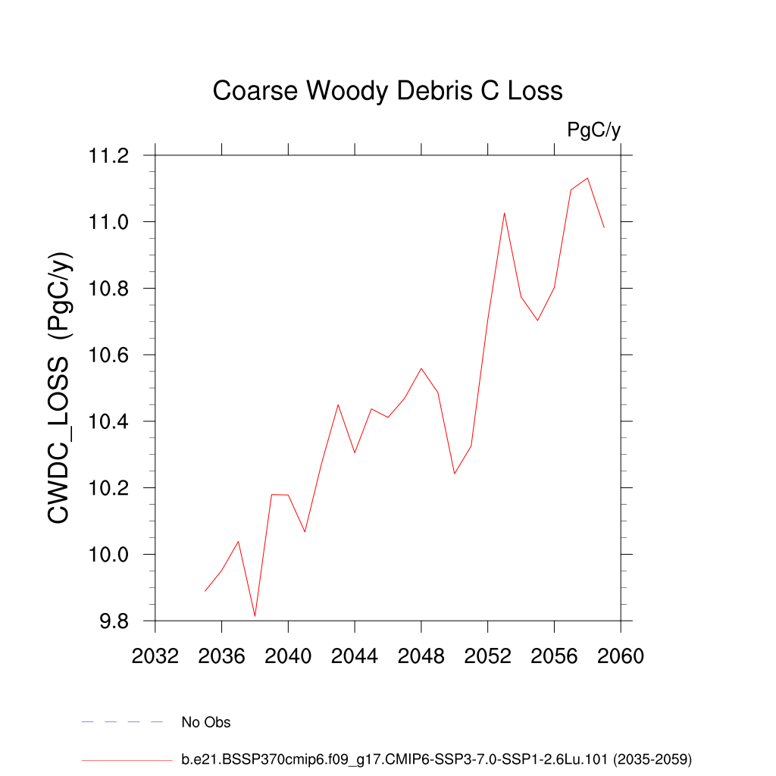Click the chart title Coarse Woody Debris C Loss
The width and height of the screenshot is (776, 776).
(x=387, y=91)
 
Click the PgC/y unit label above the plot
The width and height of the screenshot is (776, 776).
(x=593, y=130)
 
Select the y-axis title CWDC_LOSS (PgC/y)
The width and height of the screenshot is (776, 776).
(x=60, y=387)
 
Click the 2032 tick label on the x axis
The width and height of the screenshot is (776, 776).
(x=155, y=656)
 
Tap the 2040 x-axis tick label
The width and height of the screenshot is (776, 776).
(x=288, y=656)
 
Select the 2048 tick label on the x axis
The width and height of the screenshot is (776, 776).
(x=421, y=656)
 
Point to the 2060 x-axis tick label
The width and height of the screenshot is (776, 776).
(x=621, y=656)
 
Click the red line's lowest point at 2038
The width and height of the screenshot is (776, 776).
(x=255, y=616)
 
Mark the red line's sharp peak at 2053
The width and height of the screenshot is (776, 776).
(x=504, y=213)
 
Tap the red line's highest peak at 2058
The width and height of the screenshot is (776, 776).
(x=587, y=178)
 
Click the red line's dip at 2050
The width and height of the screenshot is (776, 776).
(x=455, y=474)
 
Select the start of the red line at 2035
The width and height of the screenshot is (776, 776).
(x=205, y=591)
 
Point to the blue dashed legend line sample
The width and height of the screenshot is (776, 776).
(x=123, y=722)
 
